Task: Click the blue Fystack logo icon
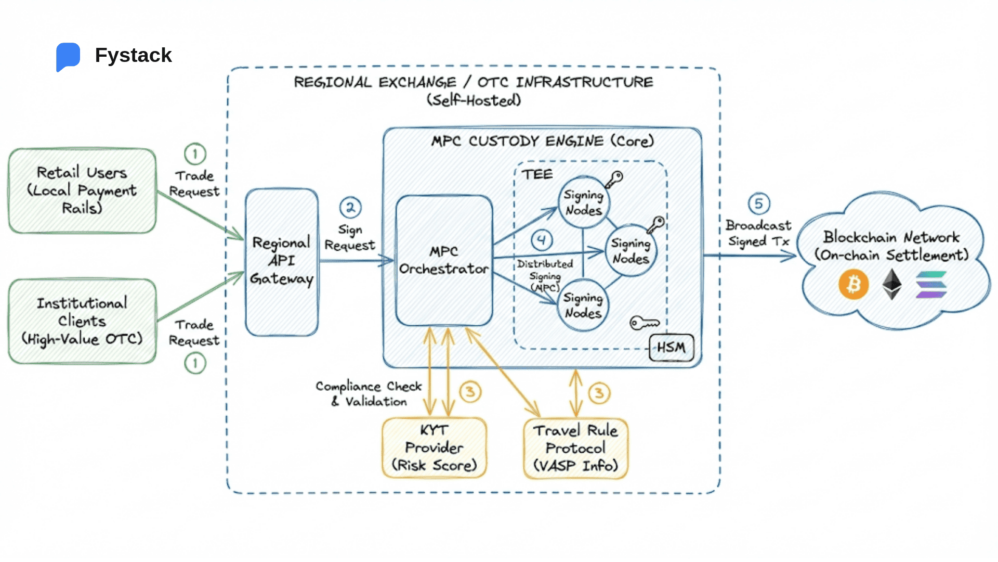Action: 68,56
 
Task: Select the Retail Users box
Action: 82,190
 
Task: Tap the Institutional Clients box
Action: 82,321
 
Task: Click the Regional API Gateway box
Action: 282,261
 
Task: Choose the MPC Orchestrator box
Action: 444,260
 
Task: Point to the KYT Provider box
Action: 434,448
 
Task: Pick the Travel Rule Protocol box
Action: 575,448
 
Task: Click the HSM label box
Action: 671,348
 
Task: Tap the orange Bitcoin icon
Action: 853,285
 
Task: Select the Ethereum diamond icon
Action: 892,284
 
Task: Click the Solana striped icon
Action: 931,285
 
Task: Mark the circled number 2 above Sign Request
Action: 350,208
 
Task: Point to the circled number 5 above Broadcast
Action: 759,203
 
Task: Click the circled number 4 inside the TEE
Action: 542,240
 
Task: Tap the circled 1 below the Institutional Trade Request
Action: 195,363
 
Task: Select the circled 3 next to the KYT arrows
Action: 470,391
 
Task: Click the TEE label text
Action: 537,174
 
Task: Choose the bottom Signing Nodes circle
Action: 583,305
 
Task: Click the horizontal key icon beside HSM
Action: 645,323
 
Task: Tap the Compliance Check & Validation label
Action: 369,394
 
